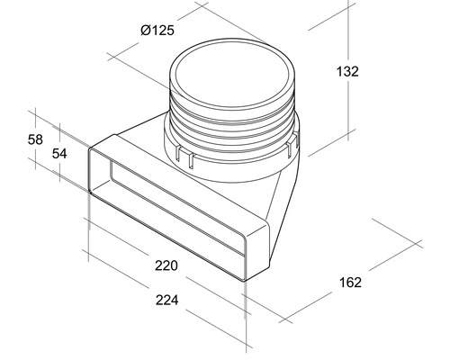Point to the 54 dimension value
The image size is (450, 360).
pos(58,154)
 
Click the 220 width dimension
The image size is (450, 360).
pos(165,265)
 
